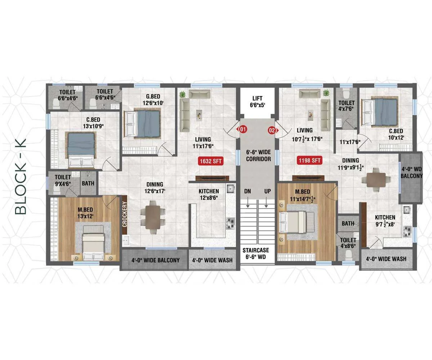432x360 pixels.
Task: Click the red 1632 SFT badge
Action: (x=211, y=161)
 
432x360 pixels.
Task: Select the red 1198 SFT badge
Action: (x=309, y=160)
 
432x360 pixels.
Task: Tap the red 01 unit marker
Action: (x=243, y=129)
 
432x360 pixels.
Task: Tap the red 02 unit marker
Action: (x=273, y=130)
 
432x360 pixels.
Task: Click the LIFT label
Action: (x=257, y=99)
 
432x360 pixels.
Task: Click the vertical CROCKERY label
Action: (x=125, y=214)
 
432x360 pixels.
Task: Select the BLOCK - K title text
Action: (x=21, y=176)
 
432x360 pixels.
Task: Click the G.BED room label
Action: (x=153, y=96)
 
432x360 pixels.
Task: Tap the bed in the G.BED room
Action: (x=142, y=123)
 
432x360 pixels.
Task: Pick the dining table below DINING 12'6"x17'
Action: (x=153, y=217)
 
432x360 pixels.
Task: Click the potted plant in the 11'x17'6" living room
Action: (x=183, y=95)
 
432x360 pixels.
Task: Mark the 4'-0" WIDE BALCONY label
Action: (x=156, y=260)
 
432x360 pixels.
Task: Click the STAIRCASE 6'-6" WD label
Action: (x=256, y=253)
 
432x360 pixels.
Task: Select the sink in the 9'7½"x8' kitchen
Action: (x=406, y=210)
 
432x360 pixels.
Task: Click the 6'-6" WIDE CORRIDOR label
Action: (x=258, y=156)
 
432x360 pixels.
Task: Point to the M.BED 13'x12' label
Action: (x=85, y=213)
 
